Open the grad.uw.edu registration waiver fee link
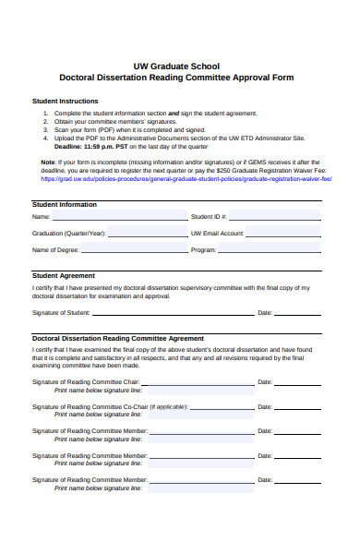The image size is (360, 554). click(182, 178)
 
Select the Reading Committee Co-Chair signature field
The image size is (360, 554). click(226, 406)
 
